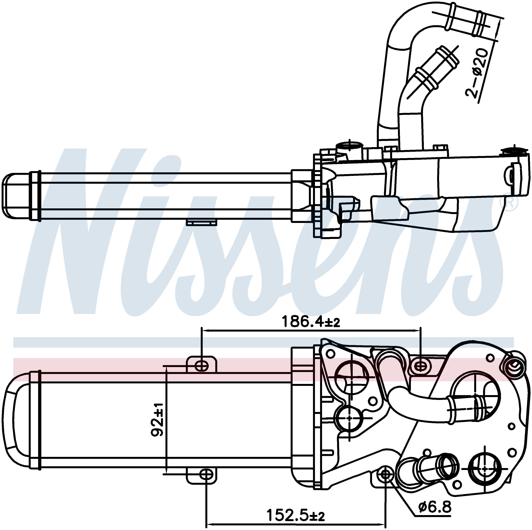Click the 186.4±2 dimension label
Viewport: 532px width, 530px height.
(x=311, y=321)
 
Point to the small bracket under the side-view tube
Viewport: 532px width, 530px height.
(x=201, y=222)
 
